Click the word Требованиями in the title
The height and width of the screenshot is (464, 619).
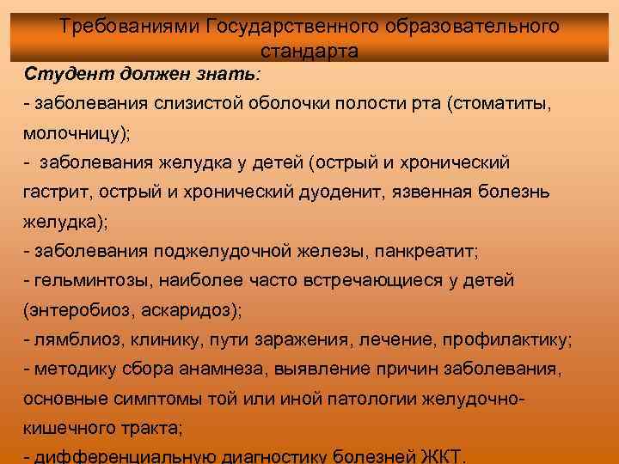click(x=131, y=27)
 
